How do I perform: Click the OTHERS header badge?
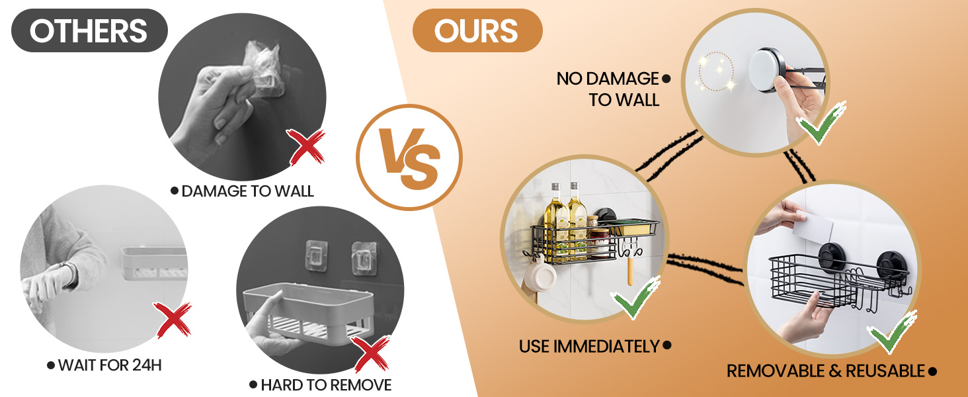[x=89, y=30]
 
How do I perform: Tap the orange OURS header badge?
[x=477, y=30]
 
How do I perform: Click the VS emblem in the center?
[x=409, y=157]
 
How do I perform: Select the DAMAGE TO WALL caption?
[x=243, y=191]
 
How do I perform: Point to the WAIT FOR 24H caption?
[x=104, y=365]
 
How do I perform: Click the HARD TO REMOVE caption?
[x=321, y=385]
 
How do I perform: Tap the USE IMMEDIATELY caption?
[x=595, y=347]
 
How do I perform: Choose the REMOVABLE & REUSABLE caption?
[x=831, y=371]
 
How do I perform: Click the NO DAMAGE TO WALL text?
[x=614, y=89]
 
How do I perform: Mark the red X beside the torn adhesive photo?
[x=306, y=147]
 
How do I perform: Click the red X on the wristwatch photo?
[x=173, y=320]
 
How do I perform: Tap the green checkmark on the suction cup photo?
[x=823, y=123]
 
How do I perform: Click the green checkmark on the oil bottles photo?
[x=637, y=298]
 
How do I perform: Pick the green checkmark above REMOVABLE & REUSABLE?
[x=893, y=333]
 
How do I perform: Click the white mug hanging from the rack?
[x=541, y=276]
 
